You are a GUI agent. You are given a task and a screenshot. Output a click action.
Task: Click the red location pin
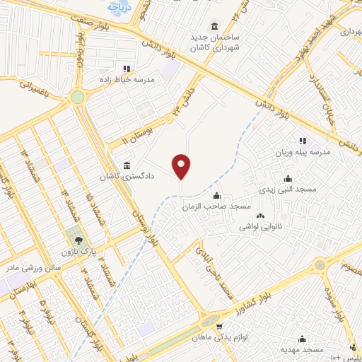coord(182,167)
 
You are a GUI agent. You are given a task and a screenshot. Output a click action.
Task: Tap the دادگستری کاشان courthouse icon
coord(127,165)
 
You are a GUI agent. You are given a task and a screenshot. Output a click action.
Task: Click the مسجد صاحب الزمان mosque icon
coord(217,196)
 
